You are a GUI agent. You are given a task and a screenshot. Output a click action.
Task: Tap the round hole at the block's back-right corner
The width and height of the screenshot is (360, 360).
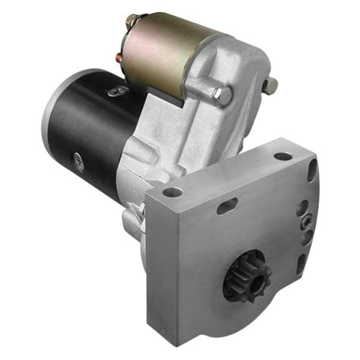pyautogui.click(x=283, y=156)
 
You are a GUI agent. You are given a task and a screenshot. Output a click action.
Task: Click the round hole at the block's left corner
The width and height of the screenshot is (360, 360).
pyautogui.click(x=172, y=192)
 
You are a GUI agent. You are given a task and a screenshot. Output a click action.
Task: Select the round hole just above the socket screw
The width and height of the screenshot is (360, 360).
pyautogui.click(x=305, y=205)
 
